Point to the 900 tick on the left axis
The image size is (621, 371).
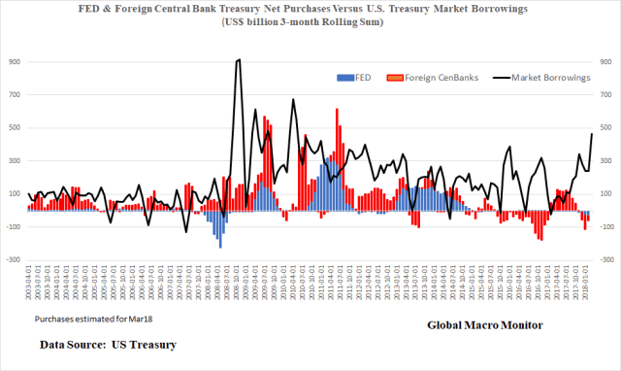(14, 60)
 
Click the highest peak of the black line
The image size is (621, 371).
(240, 60)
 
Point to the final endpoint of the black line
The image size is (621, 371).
(592, 134)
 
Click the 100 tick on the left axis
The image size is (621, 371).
(14, 193)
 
